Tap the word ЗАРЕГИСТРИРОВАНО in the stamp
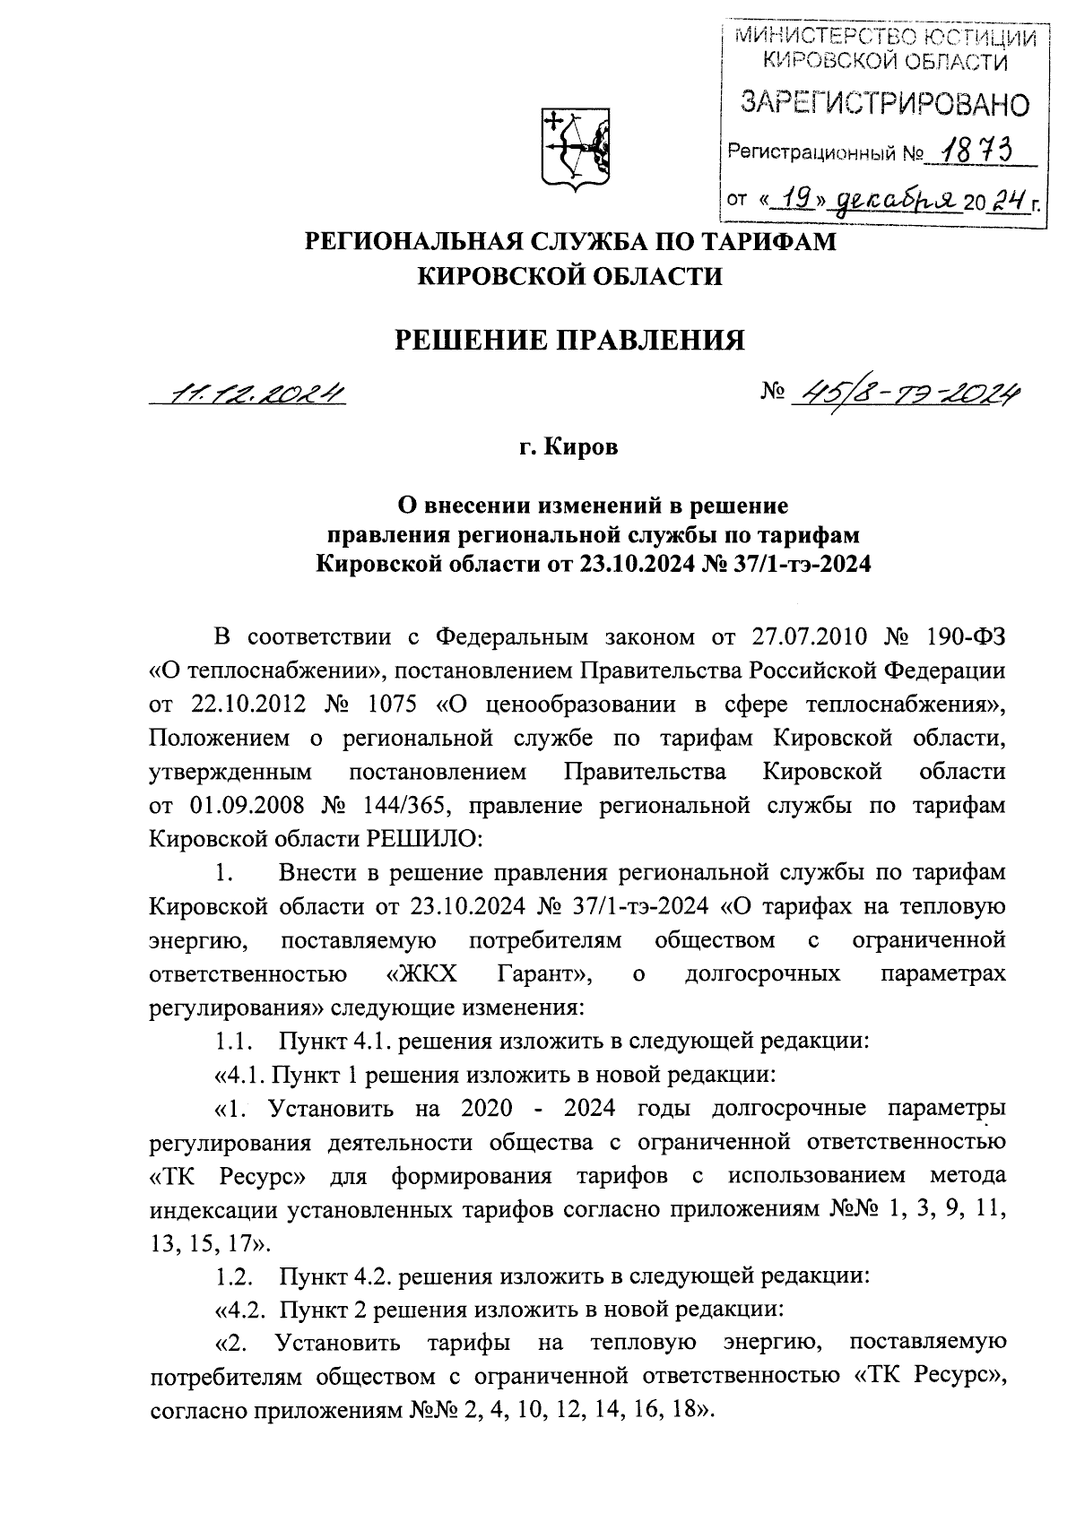883,104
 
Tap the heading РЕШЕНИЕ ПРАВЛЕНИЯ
571,341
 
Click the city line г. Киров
570,447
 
